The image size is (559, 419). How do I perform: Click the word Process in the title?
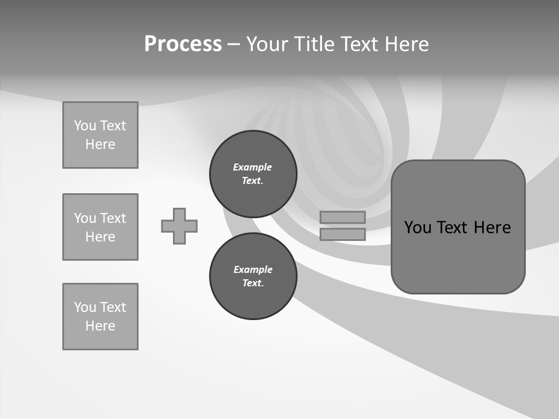pos(183,44)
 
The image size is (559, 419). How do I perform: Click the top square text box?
pos(100,135)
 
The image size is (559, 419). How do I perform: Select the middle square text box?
pos(100,227)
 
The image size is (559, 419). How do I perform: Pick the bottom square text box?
pos(100,317)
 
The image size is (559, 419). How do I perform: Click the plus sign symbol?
pos(179,226)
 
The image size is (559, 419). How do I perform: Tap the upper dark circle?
pos(253,174)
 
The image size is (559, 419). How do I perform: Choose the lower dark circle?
pos(253,276)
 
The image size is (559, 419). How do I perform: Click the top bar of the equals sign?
pos(342,217)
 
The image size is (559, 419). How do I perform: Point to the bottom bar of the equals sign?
pos(342,234)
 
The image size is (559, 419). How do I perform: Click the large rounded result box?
pos(458,227)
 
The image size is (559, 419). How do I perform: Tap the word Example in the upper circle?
pos(253,167)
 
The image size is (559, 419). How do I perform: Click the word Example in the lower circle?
pos(253,269)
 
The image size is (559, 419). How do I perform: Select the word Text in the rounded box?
pos(452,228)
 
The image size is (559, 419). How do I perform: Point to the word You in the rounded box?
pos(418,228)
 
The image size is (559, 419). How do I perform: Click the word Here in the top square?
pos(100,144)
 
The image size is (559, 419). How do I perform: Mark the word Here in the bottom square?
pos(100,326)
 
